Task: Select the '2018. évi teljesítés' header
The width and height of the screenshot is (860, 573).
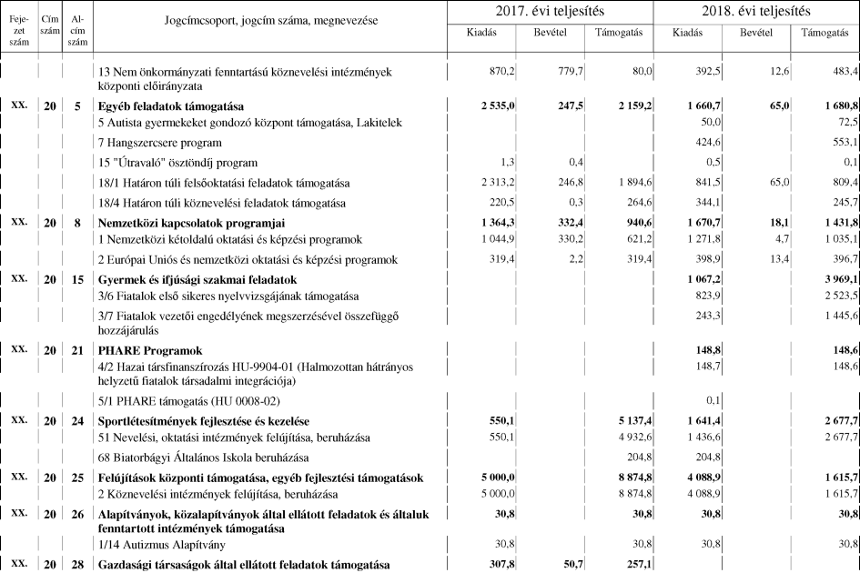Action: [756, 12]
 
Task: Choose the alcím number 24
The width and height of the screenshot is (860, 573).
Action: [77, 421]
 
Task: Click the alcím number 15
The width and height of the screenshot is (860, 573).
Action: [77, 278]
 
